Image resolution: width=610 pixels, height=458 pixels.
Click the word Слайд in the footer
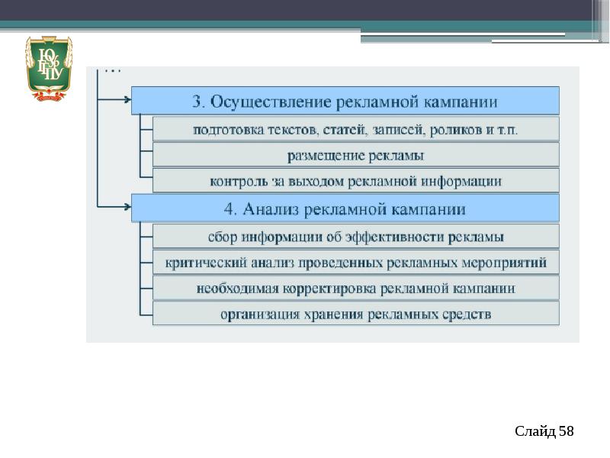tap(535, 432)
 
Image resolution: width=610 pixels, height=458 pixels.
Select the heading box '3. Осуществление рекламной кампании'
tap(345, 101)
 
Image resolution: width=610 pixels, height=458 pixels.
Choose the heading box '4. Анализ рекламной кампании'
tap(345, 208)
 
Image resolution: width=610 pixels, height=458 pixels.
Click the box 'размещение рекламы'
tap(355, 155)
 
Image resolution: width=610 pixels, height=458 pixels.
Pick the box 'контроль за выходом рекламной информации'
tap(355, 181)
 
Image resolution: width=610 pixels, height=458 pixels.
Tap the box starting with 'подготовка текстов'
tap(355, 129)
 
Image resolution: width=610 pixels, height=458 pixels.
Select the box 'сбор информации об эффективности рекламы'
tap(355, 236)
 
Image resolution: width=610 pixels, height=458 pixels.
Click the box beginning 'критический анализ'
tap(355, 263)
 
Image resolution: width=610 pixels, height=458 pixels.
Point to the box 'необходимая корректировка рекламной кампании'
tap(355, 289)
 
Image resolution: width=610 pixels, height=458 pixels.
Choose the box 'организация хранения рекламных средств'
tap(355, 314)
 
